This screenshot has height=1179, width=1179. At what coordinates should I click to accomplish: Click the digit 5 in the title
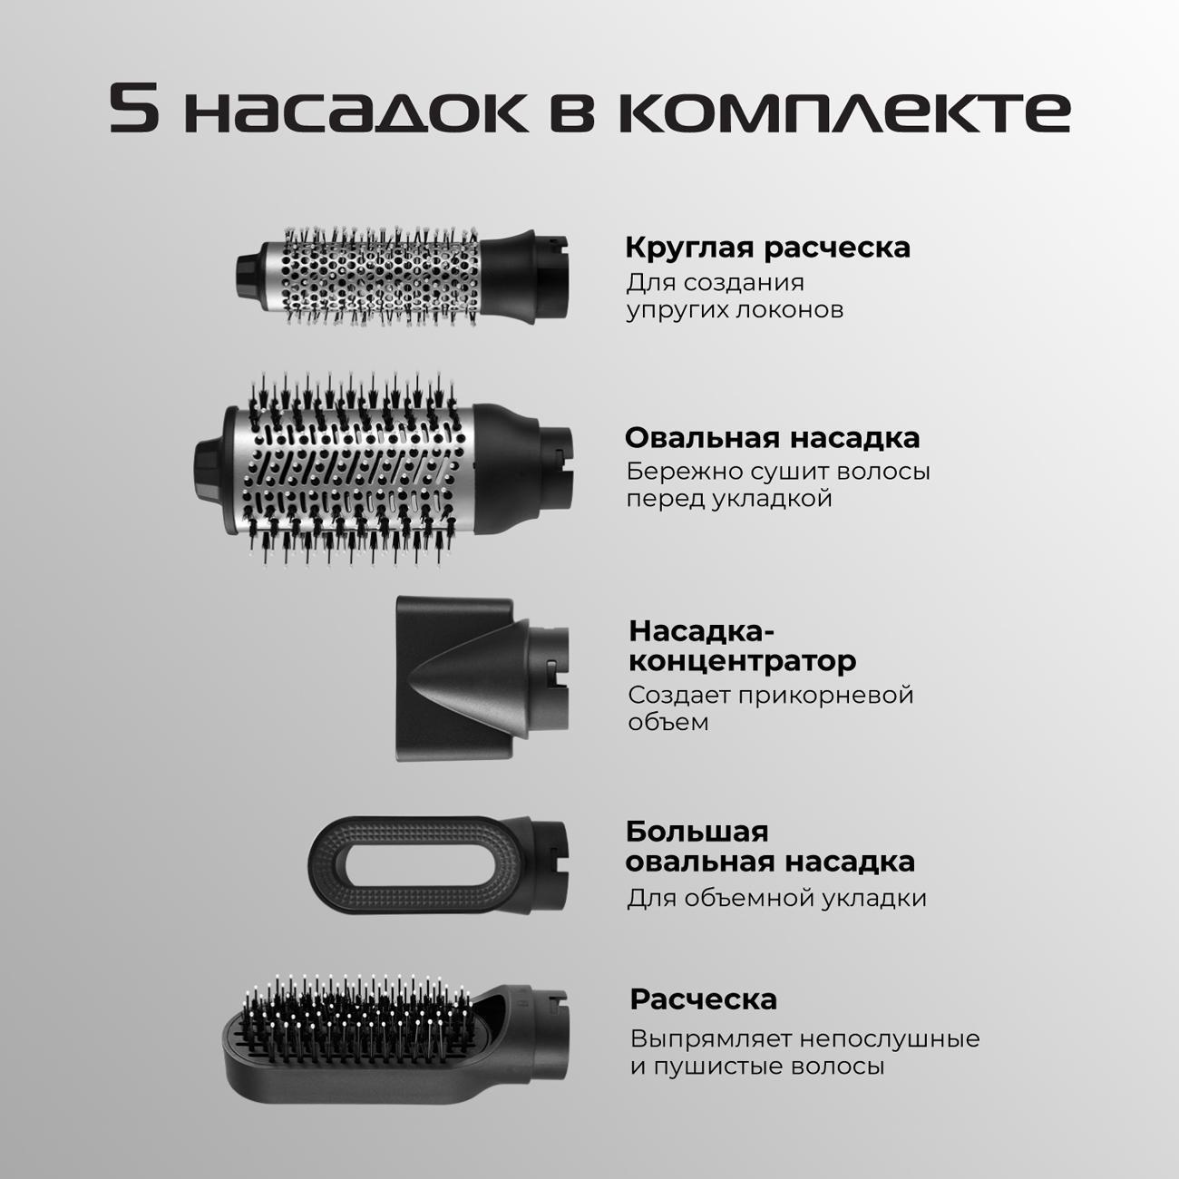coord(134,108)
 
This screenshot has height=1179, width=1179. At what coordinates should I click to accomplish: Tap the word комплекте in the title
coord(843,111)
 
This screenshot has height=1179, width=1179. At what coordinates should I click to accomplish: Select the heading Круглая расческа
coord(767,248)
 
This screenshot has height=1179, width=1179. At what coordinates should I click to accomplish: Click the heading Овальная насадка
coord(772,438)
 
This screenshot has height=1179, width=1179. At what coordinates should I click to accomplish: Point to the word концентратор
coord(742,661)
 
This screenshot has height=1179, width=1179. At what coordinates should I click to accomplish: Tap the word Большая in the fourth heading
coord(697,832)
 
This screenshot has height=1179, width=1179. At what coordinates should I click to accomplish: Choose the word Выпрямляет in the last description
coord(711,1039)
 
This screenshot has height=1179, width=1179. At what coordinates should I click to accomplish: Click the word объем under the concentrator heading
coord(668,722)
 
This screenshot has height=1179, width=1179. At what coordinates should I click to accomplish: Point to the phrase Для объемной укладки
coord(775,898)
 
